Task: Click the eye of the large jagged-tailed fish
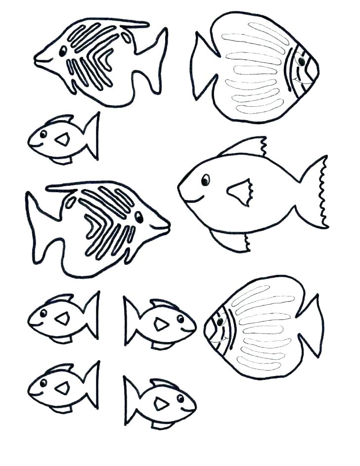[205, 180]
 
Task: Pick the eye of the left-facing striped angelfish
[63, 51]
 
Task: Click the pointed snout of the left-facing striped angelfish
[38, 59]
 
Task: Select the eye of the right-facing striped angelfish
[139, 217]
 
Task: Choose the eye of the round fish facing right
[300, 61]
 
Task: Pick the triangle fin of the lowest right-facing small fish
[161, 404]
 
